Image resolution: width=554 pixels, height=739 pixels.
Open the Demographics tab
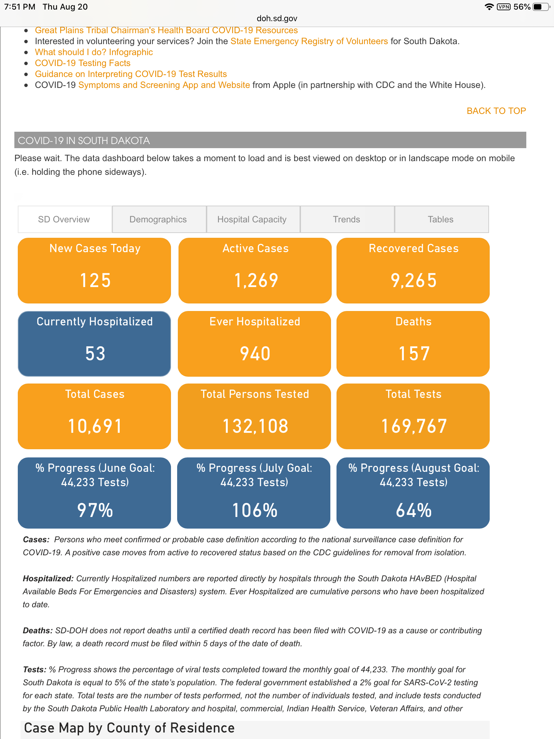tap(158, 219)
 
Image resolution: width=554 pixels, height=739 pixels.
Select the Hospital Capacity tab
tap(252, 219)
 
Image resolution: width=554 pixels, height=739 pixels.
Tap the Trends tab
tap(346, 219)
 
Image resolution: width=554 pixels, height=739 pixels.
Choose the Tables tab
tap(440, 219)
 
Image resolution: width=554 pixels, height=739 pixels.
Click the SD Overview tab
tap(64, 219)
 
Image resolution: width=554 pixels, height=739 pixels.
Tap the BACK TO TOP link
tap(496, 111)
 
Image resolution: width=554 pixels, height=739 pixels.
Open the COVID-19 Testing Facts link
tap(82, 63)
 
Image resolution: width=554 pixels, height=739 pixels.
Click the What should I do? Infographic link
tap(94, 52)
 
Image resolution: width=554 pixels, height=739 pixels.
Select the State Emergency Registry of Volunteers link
tap(309, 41)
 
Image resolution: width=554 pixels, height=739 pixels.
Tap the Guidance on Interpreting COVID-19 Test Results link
tap(131, 74)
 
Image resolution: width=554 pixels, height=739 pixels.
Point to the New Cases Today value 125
tap(95, 280)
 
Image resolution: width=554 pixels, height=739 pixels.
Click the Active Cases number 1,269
tap(256, 280)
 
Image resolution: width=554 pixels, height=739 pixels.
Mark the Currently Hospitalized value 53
tap(95, 353)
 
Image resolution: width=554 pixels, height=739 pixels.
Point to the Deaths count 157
tap(414, 353)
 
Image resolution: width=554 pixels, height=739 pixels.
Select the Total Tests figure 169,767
tap(414, 426)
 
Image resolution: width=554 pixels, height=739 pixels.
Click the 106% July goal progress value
tap(255, 510)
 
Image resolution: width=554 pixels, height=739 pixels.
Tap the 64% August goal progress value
tap(414, 510)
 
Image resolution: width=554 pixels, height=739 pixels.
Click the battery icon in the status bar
tap(540, 7)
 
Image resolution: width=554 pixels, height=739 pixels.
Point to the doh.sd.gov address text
tap(277, 18)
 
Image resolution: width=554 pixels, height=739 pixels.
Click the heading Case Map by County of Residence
tap(129, 728)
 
